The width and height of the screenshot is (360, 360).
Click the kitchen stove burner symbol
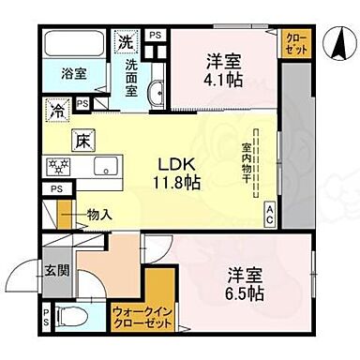click(58, 170)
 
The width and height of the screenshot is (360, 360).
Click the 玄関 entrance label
click(53, 270)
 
